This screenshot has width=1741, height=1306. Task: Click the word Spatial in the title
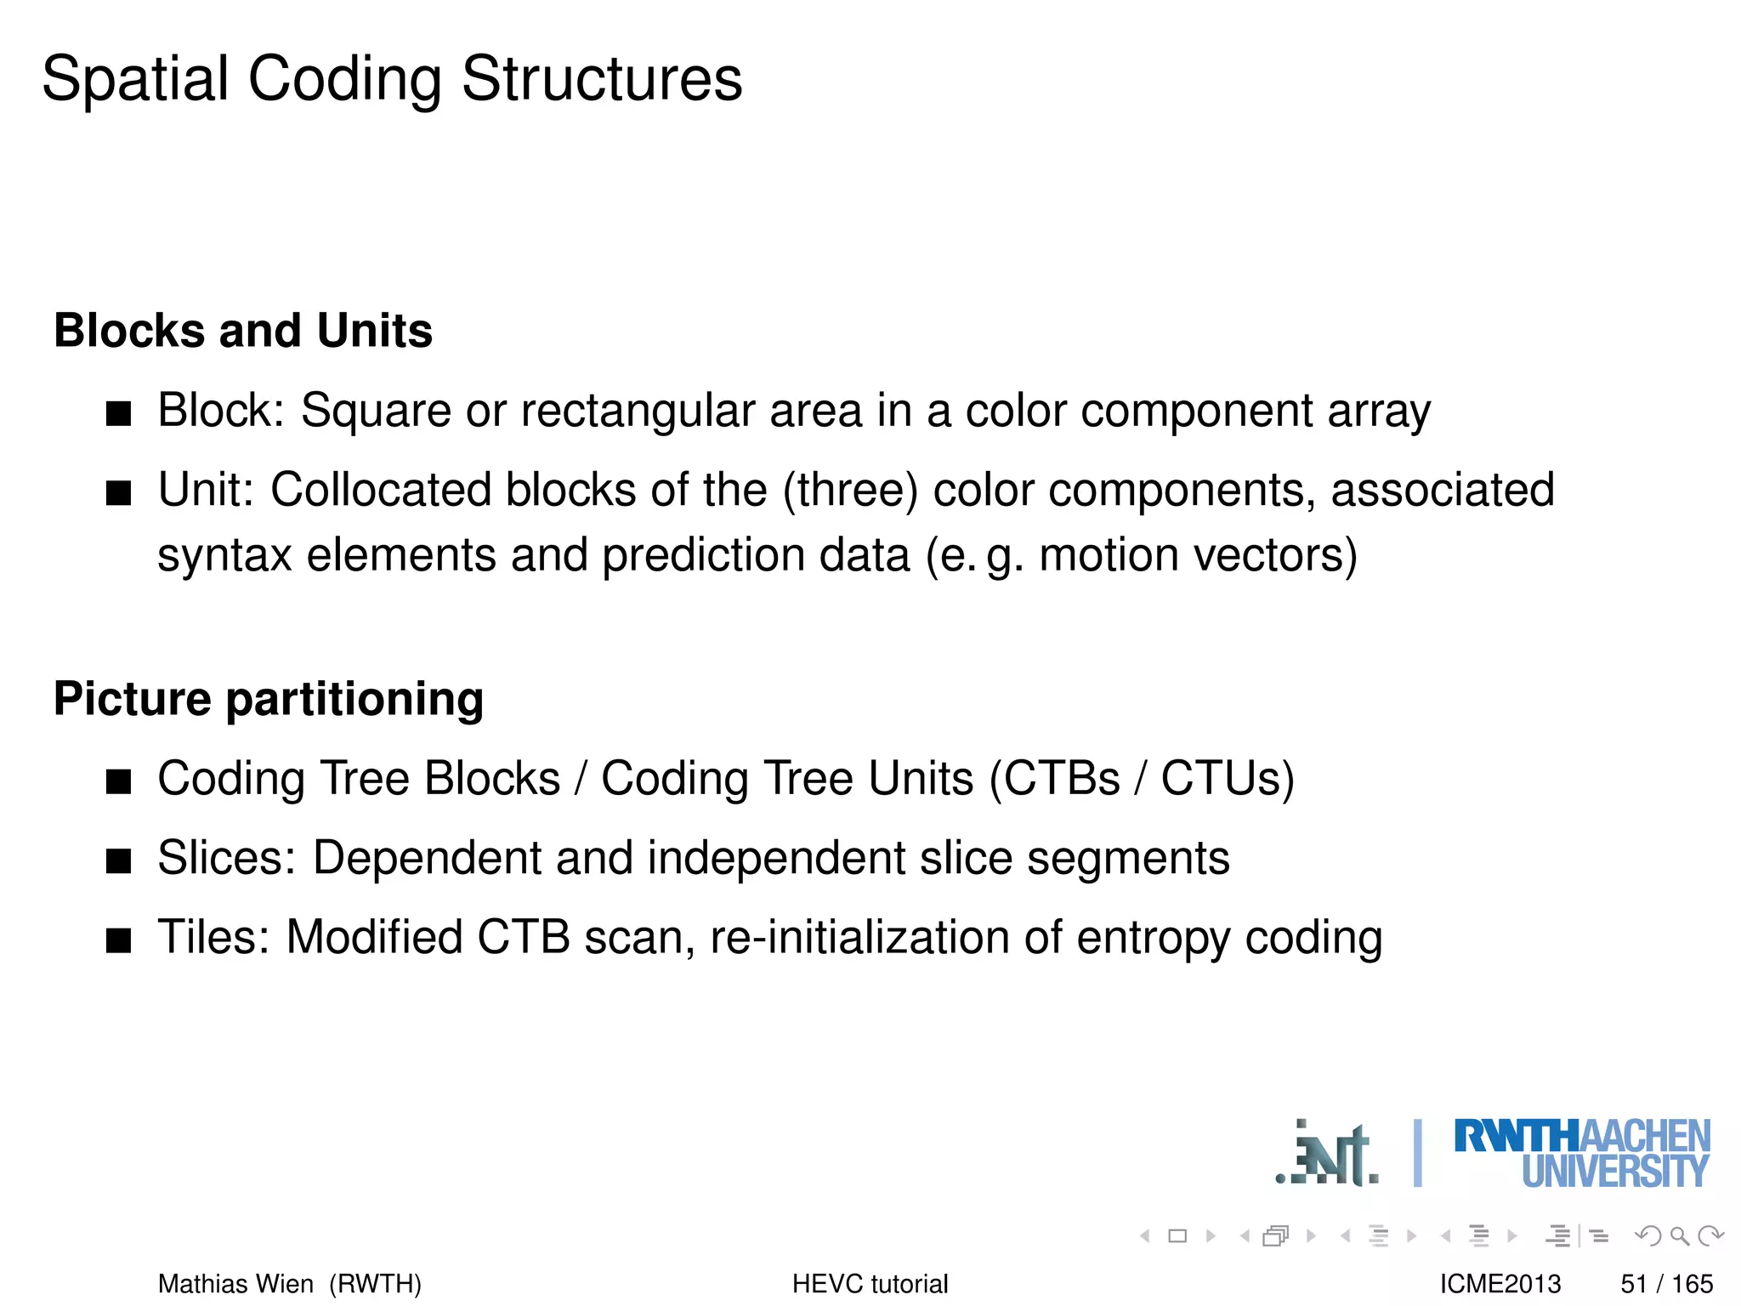click(x=135, y=79)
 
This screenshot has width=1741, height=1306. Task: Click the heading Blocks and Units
click(x=243, y=330)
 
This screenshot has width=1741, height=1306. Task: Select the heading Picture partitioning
click(x=269, y=699)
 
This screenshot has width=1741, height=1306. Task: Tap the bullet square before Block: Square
click(x=119, y=414)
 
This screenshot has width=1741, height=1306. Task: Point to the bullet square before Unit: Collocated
click(x=119, y=493)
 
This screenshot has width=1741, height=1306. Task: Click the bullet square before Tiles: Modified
click(x=119, y=940)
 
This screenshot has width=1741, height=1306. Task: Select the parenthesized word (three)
click(x=850, y=491)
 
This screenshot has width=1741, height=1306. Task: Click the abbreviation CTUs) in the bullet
click(x=1228, y=779)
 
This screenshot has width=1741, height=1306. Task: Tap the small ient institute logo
click(x=1328, y=1155)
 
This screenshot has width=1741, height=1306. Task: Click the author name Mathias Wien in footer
click(x=235, y=1283)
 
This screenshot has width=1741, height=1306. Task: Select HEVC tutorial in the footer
click(x=870, y=1283)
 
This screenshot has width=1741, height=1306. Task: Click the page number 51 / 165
click(x=1666, y=1283)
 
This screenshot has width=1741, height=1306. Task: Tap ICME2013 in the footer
click(x=1500, y=1283)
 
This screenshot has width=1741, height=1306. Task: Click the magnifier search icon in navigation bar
click(x=1679, y=1235)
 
